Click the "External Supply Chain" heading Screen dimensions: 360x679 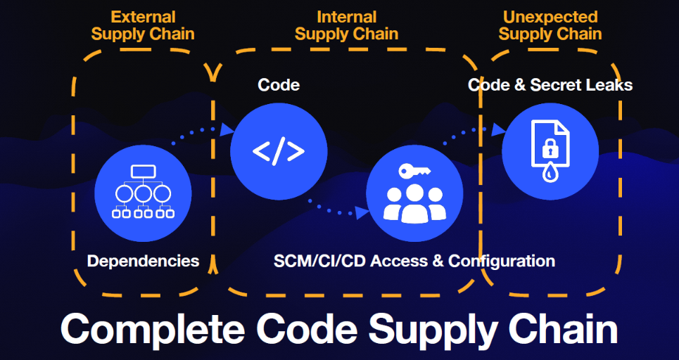(x=143, y=25)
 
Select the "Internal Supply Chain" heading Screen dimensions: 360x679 (x=346, y=25)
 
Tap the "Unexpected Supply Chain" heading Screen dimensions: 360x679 (x=550, y=25)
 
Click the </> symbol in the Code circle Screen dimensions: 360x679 (x=279, y=151)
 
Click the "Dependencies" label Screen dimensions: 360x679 (x=143, y=261)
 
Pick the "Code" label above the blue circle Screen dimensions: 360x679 (x=279, y=85)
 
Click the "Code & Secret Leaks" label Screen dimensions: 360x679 (x=550, y=85)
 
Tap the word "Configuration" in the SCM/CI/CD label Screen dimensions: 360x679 (x=502, y=261)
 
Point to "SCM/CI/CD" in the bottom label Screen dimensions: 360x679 (x=319, y=261)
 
